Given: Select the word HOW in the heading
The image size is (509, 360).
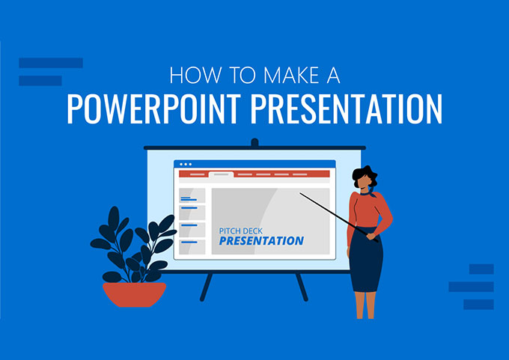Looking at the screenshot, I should [189, 76].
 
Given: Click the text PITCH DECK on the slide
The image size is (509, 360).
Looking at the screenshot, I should [239, 231].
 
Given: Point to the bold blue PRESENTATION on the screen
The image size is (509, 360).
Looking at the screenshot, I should [261, 241].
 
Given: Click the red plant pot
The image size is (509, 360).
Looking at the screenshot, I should [135, 293].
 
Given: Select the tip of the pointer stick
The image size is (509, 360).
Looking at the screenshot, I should [301, 195].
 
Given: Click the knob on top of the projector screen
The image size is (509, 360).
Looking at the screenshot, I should [254, 141].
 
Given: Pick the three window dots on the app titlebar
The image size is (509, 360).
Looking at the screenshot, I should [184, 164].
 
